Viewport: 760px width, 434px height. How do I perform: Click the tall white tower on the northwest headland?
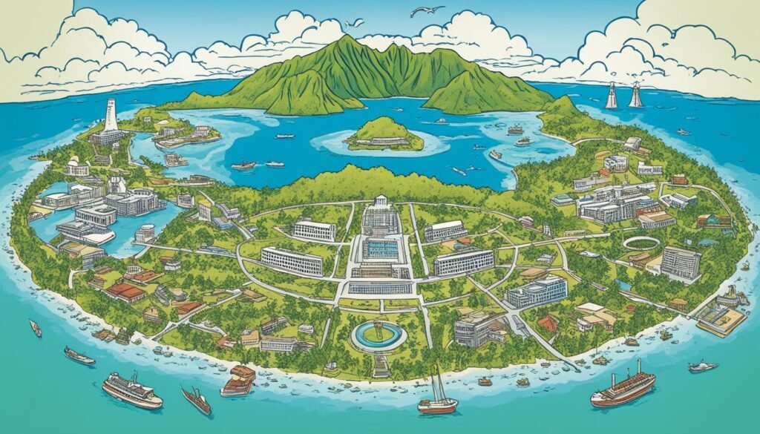[111, 117]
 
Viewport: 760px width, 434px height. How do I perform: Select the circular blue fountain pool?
[379, 336]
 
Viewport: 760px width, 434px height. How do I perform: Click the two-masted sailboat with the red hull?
[438, 401]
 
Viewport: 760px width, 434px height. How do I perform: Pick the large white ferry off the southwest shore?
[132, 390]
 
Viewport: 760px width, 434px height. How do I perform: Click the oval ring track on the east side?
[643, 243]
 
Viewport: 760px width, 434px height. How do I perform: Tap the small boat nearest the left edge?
[35, 327]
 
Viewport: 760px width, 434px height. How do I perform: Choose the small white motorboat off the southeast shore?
[702, 366]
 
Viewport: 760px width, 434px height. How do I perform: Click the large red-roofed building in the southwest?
[125, 292]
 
